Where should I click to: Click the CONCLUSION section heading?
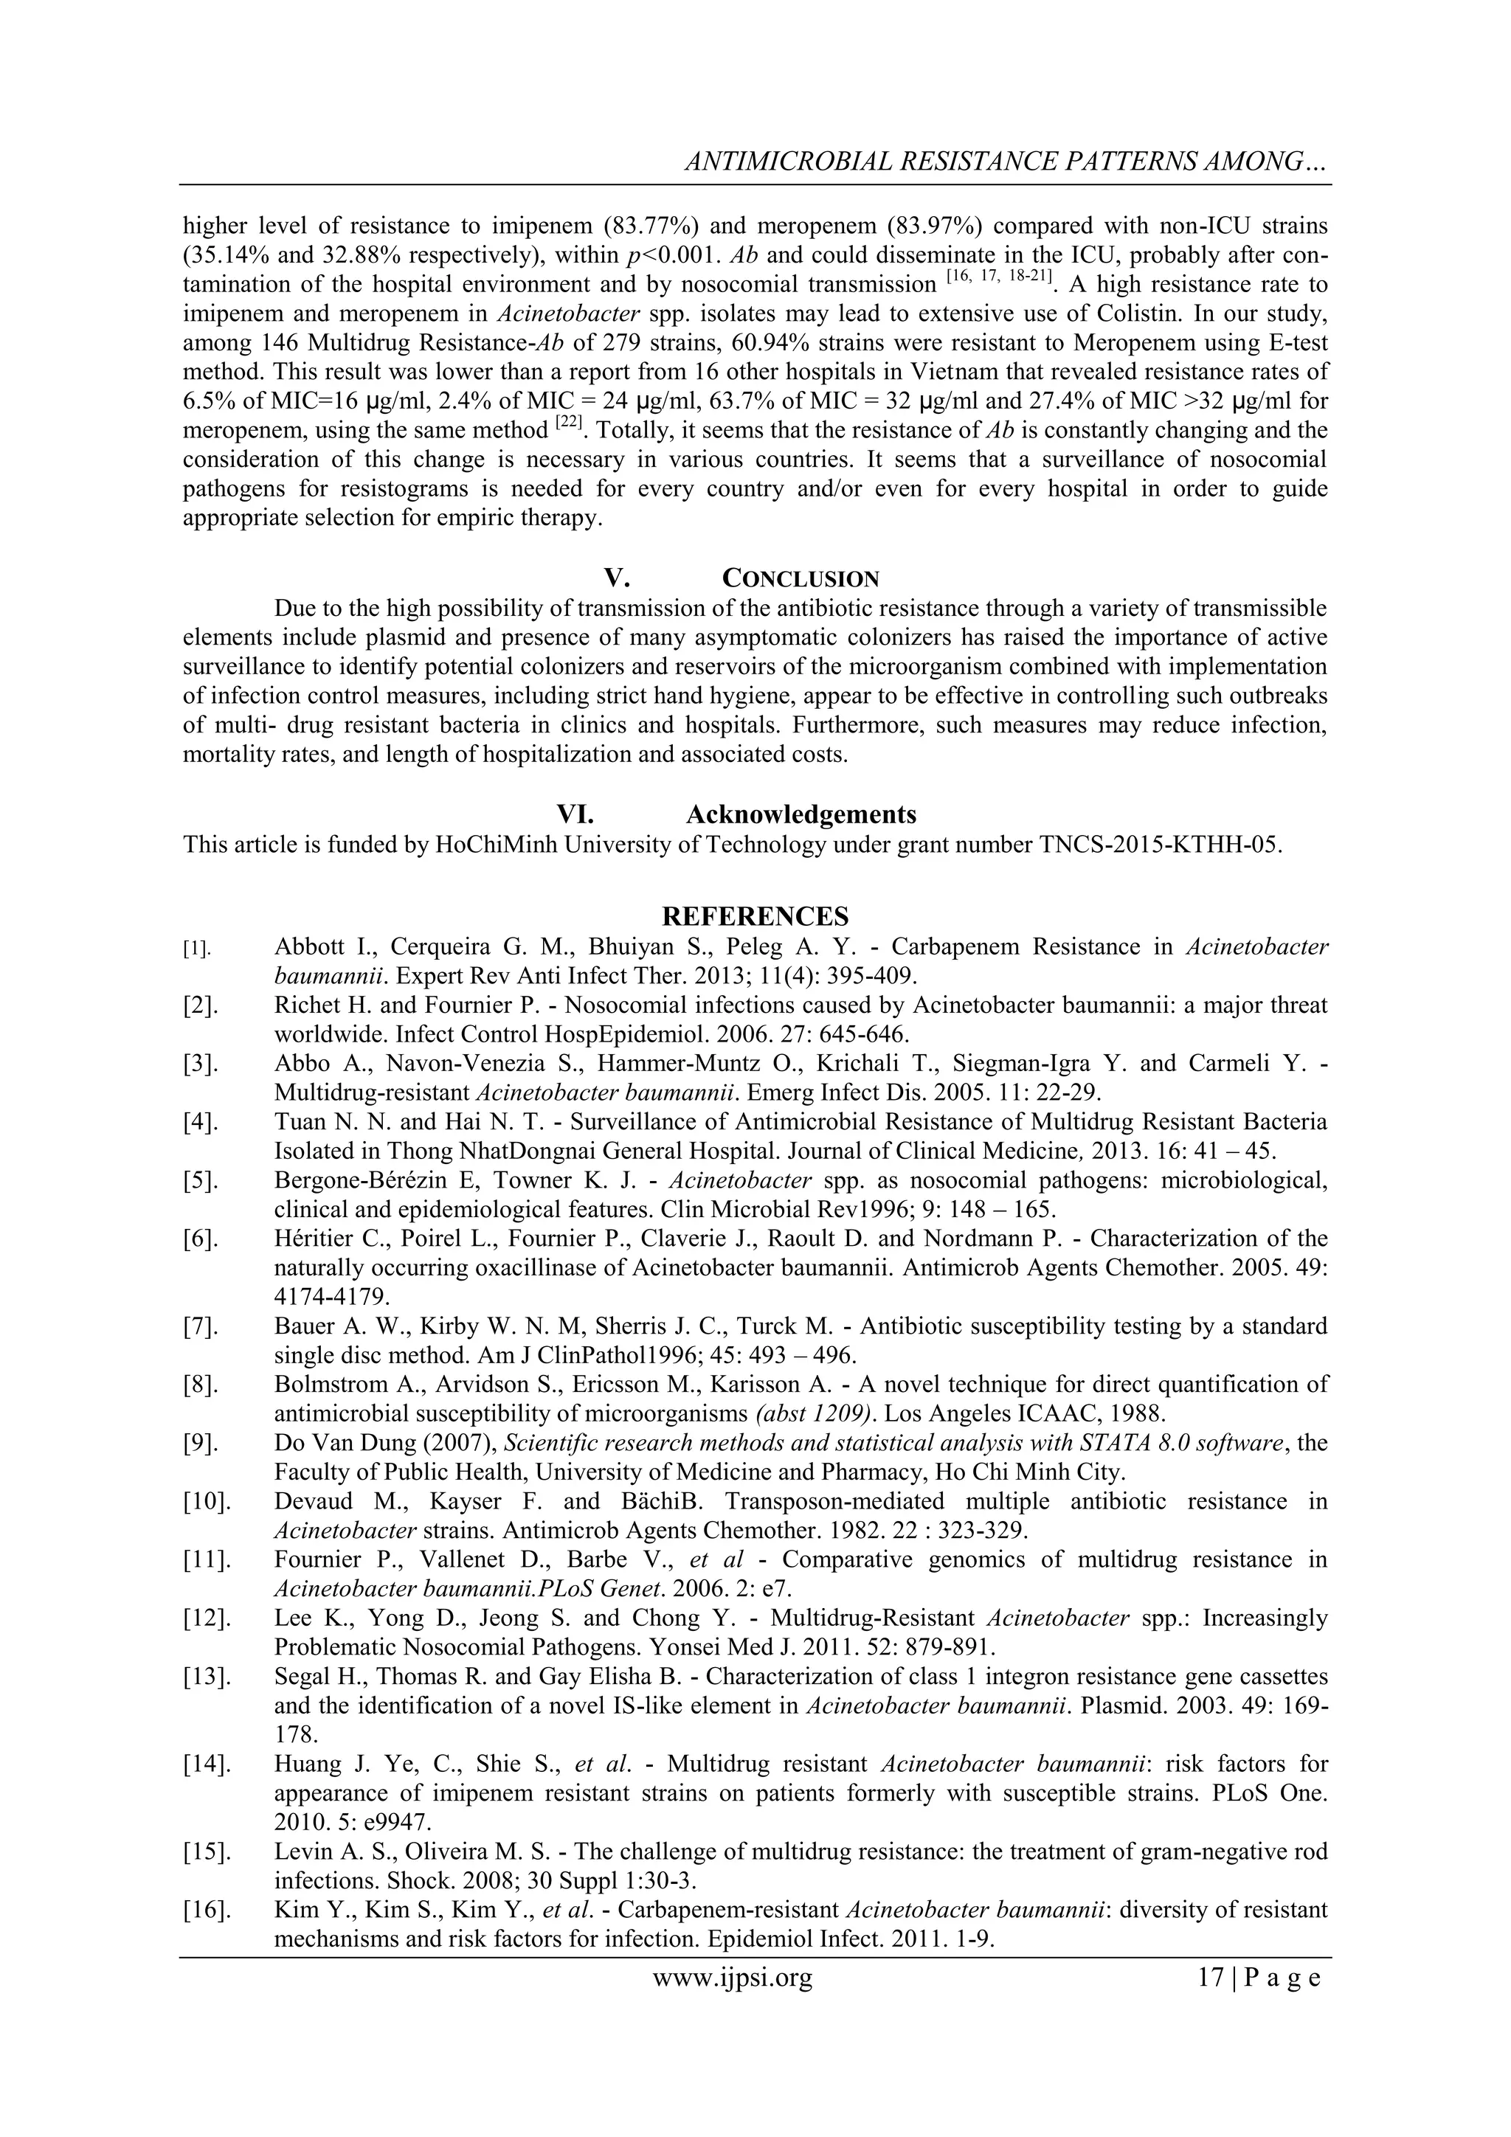tap(801, 578)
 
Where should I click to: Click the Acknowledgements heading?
tap(801, 814)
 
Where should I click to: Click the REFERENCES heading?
tap(755, 916)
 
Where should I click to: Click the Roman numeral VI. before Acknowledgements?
tap(575, 814)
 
